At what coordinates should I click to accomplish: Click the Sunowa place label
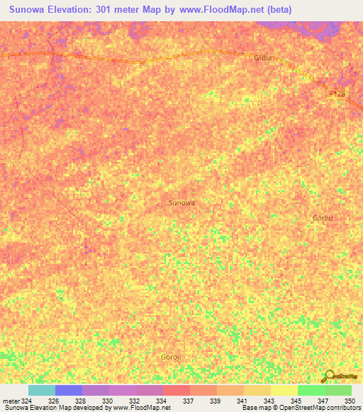point(181,202)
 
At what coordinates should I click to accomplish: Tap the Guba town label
point(263,58)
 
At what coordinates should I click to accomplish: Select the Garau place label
point(323,217)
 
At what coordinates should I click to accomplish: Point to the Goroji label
point(172,357)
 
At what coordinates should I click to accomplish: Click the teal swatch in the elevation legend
point(41,390)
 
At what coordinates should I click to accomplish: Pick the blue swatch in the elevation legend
point(69,390)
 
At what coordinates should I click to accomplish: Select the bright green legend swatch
point(311,390)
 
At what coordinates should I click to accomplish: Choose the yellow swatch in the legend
point(284,390)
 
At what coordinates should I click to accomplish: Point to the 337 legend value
point(188,401)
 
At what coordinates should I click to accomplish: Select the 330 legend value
point(108,401)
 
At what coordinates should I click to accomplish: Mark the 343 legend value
point(269,401)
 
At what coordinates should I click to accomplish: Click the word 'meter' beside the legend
point(11,401)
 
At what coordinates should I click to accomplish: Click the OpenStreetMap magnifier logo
point(329,376)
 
